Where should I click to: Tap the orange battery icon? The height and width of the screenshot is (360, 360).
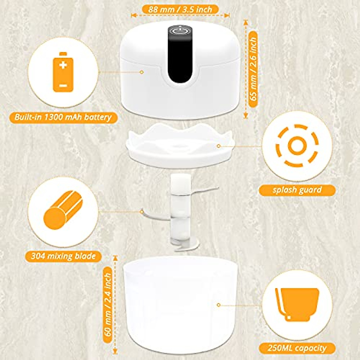[63, 72]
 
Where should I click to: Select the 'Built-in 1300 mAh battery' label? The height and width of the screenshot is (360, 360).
[63, 117]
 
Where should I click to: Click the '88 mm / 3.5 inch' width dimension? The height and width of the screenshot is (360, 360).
[180, 9]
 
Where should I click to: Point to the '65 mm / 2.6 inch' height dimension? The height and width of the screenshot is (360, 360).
[254, 69]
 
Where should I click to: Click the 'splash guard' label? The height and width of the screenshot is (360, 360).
[297, 190]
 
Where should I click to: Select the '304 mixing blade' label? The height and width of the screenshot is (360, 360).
[63, 256]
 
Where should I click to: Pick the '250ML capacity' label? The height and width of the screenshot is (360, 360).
[297, 348]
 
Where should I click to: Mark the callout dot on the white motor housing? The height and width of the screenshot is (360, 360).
[142, 72]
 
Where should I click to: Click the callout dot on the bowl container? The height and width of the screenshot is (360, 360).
[218, 305]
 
